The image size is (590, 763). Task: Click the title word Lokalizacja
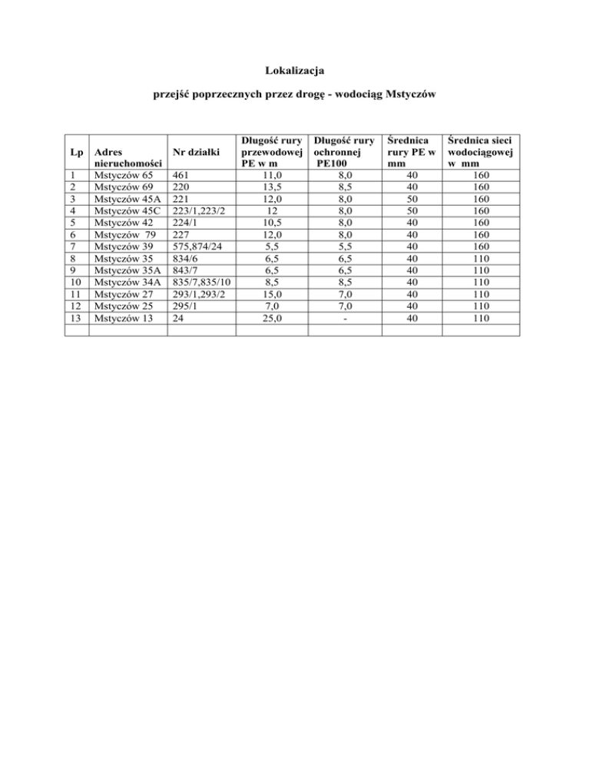(294, 71)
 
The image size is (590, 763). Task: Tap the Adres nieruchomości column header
(127, 158)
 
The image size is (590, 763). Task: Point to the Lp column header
(75, 152)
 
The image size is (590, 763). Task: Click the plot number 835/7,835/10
(202, 286)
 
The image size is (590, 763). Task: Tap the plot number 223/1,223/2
(199, 213)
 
